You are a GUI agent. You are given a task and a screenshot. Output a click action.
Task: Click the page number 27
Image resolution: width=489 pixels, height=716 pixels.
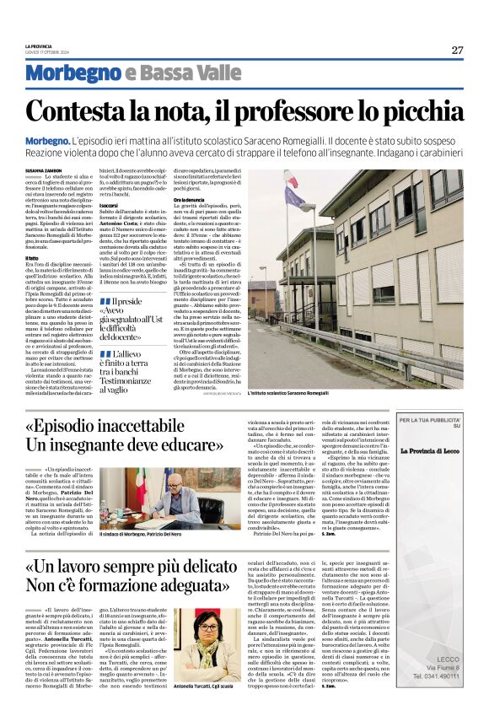click(456, 50)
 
